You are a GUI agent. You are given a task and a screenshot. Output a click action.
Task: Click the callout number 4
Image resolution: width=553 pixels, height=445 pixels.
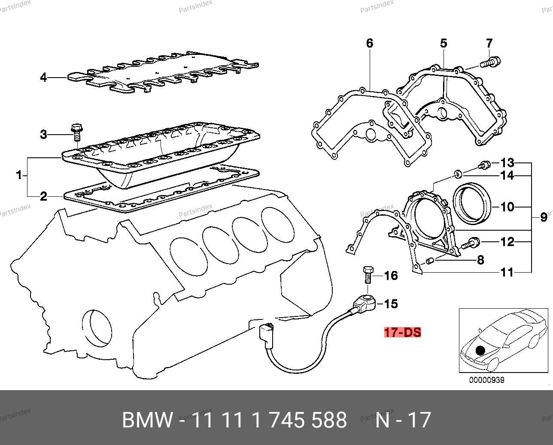tap(43, 78)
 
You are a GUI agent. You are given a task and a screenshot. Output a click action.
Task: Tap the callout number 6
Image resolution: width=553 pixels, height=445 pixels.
tap(370, 43)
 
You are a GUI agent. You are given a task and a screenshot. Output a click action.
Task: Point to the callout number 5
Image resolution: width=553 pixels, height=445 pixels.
tap(444, 43)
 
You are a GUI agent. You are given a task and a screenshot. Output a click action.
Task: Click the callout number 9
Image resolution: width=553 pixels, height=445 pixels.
tap(544, 217)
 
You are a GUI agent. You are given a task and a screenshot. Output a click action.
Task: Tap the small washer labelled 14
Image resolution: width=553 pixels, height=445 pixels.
tap(459, 174)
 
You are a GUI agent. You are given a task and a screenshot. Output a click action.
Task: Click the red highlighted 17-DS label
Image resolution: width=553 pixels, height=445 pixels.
tap(402, 332)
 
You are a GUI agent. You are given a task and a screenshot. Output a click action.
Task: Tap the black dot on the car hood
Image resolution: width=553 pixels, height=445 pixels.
tap(480, 350)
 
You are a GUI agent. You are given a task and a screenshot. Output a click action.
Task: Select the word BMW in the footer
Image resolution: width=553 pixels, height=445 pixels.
tap(147, 420)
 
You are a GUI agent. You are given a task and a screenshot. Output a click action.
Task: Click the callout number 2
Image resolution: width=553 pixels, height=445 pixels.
tap(43, 197)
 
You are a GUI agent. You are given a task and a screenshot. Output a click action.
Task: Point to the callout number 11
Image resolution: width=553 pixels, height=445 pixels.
tap(507, 272)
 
